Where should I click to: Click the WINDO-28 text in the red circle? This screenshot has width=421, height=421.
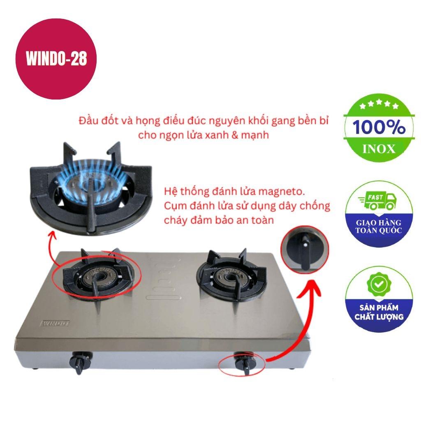pos(56,59)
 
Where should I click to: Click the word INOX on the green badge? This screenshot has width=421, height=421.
pos(378,148)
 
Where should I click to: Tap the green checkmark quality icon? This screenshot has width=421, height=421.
pos(378,284)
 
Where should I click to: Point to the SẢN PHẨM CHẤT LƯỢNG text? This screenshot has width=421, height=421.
pos(379,312)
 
